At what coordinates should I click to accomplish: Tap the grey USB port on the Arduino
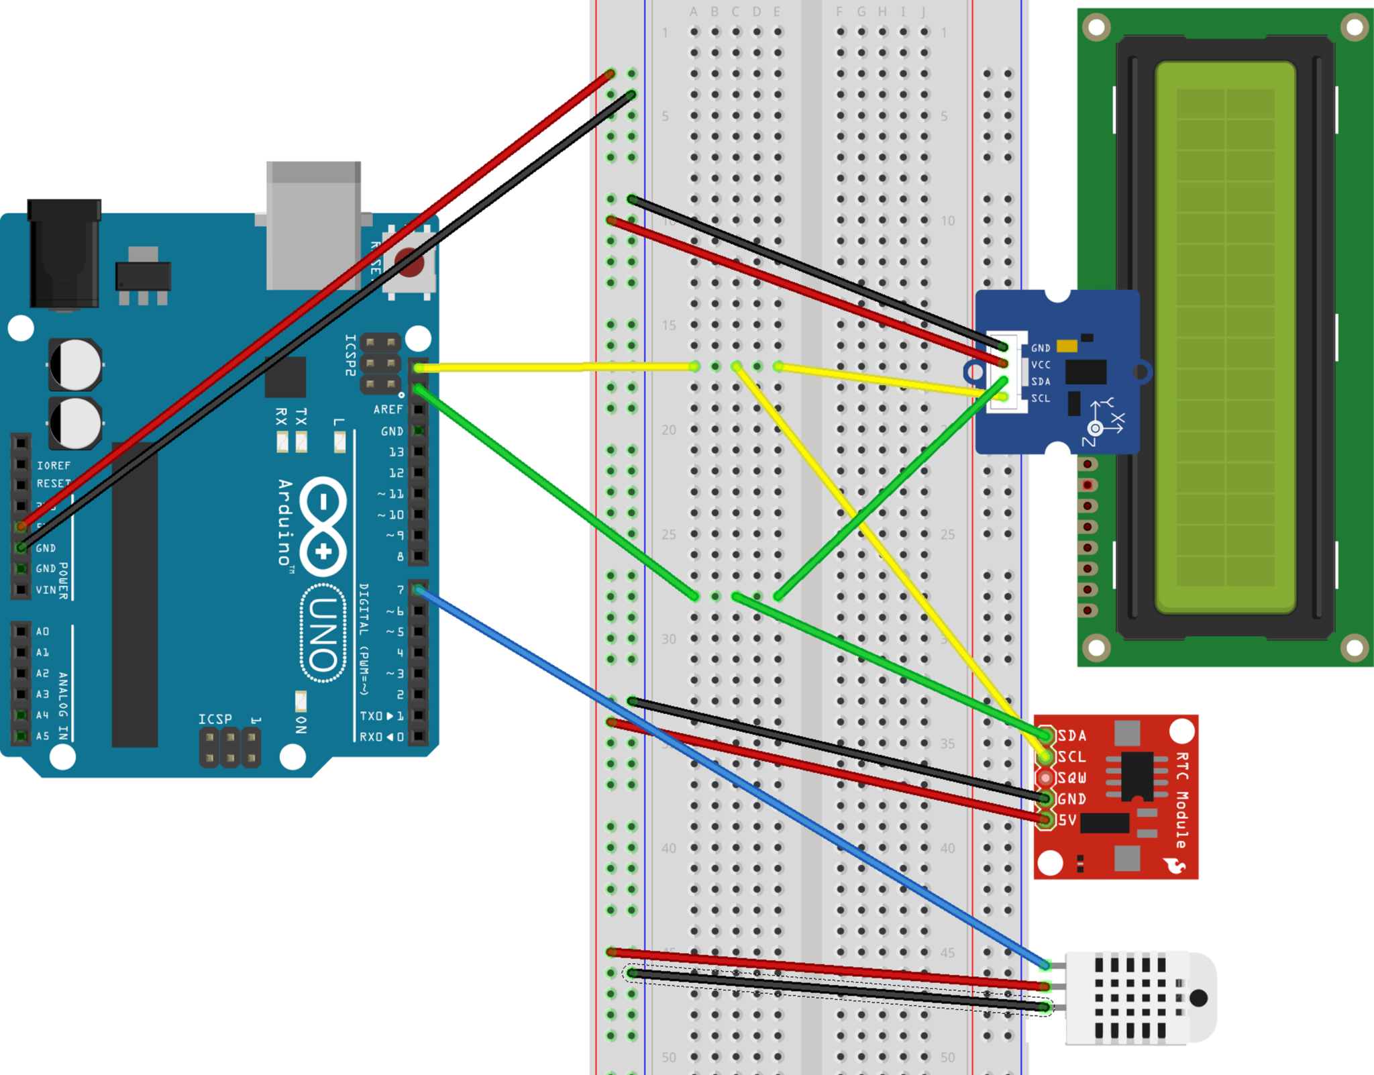313,225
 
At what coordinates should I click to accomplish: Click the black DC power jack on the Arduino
64,254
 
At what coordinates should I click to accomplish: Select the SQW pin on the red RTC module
1045,778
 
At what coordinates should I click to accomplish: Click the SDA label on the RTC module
1072,735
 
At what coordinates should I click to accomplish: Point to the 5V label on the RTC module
1067,820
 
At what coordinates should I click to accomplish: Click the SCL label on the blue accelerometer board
1041,398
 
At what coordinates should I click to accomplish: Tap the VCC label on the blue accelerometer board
1041,365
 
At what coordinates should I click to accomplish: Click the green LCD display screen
1225,337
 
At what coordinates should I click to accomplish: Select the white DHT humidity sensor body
1141,997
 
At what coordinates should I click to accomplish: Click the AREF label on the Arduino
388,409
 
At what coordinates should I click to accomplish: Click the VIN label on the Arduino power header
46,590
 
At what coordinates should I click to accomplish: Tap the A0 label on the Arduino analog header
42,631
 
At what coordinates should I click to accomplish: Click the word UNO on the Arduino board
323,633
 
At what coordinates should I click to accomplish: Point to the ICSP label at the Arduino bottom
215,719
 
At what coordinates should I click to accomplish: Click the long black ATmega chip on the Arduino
134,594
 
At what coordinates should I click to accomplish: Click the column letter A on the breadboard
694,12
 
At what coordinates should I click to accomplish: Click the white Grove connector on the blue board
1014,372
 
